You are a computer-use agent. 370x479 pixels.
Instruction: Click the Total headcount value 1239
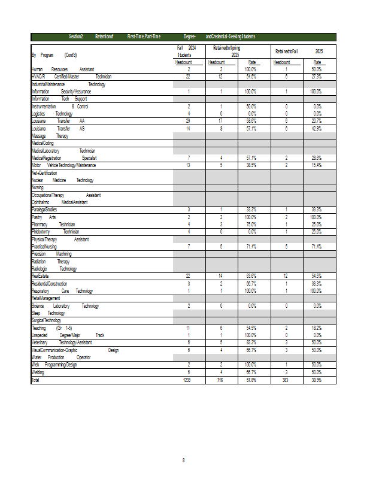(188, 380)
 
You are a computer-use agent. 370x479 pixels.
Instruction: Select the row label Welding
(38, 372)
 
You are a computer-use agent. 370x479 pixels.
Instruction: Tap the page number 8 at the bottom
(184, 460)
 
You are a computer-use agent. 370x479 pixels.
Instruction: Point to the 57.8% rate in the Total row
(251, 380)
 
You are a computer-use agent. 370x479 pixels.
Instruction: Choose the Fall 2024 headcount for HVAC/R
(188, 77)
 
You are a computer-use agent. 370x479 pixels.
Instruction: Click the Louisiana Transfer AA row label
(58, 120)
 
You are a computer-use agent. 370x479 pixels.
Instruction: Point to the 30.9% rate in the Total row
(316, 380)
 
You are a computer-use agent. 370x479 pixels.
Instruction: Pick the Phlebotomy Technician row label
(55, 232)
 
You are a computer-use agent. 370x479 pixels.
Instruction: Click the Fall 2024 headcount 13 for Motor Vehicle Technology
(188, 165)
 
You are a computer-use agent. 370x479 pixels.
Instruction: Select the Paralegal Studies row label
(44, 210)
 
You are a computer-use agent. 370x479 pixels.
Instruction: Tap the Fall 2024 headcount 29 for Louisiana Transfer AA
(188, 120)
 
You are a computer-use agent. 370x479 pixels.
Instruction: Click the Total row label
(35, 380)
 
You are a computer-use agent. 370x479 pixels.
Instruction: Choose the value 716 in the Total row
(220, 380)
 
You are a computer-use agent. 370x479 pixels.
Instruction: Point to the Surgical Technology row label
(47, 320)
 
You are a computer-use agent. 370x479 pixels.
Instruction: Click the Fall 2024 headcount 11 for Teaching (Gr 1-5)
(188, 328)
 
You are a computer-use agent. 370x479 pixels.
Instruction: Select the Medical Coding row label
(43, 143)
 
